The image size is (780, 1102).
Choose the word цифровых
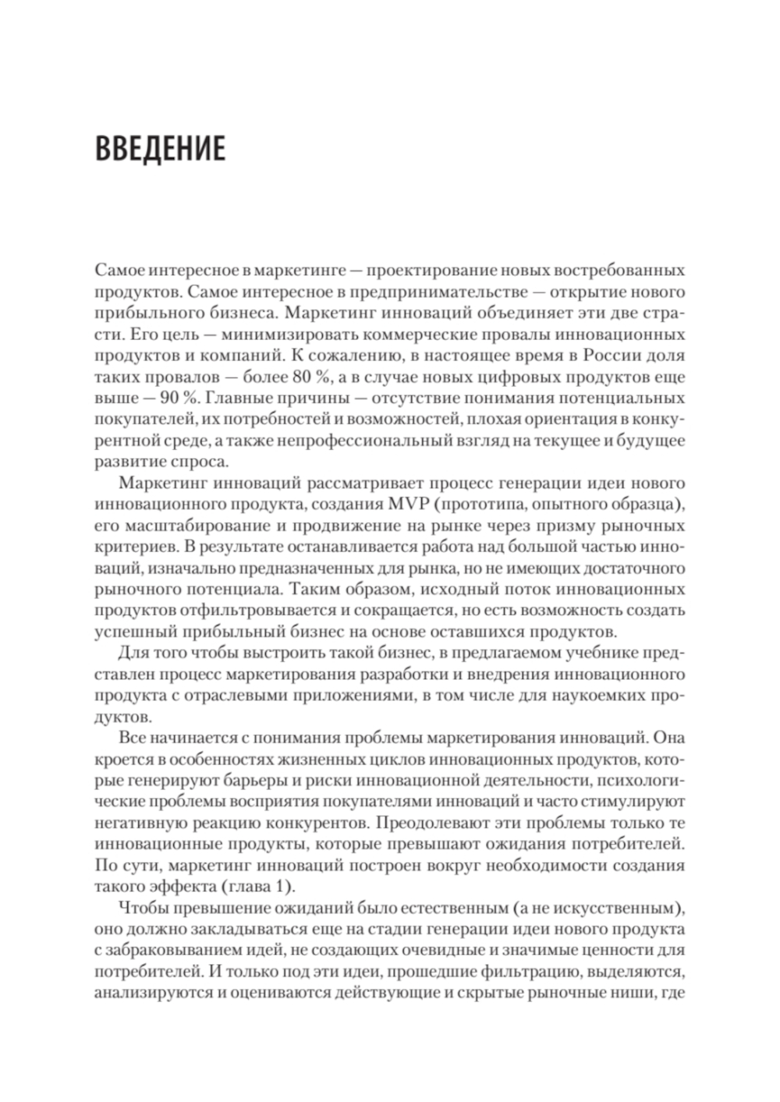pos(518,378)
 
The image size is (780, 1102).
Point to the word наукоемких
pos(596,693)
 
